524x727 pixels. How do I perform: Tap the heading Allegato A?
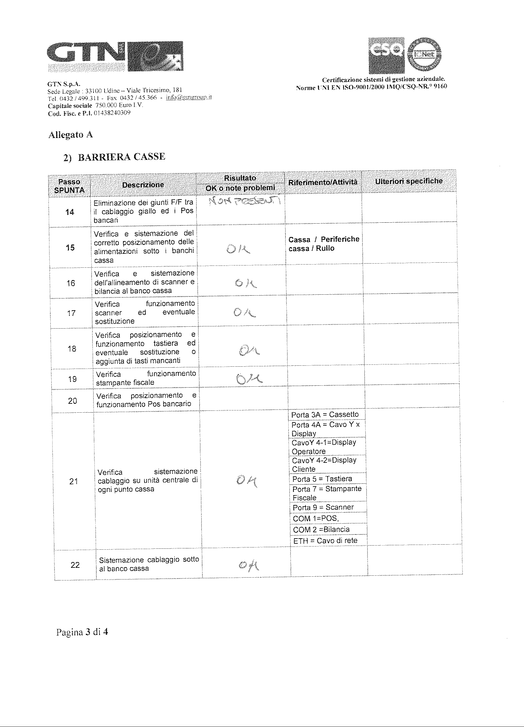(x=70, y=135)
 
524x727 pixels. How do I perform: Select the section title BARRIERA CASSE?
(x=121, y=157)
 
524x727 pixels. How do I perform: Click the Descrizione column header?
(x=143, y=185)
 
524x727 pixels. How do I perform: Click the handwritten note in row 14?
(x=244, y=202)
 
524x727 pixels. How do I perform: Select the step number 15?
(x=70, y=247)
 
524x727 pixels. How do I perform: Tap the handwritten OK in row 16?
(x=246, y=283)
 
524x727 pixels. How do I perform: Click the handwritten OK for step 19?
(x=249, y=380)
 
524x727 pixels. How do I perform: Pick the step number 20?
(x=73, y=401)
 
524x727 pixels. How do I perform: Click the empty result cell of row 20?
(x=244, y=400)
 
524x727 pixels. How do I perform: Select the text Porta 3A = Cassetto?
(x=325, y=415)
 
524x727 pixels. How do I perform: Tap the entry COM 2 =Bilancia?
(x=321, y=529)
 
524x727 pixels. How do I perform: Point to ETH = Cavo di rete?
(x=325, y=540)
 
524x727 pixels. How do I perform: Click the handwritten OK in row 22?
(x=249, y=566)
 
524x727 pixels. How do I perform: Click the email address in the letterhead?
(x=188, y=98)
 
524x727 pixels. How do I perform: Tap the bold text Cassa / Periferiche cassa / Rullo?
(x=323, y=244)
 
